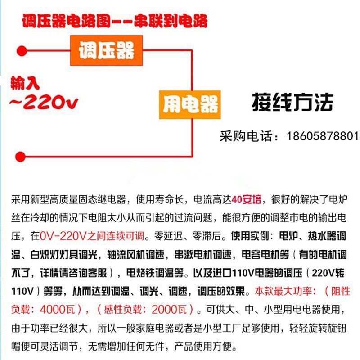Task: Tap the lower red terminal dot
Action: (x=20, y=157)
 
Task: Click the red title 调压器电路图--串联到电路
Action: (x=114, y=22)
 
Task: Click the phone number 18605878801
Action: (x=323, y=136)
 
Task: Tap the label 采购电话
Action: (x=246, y=136)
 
